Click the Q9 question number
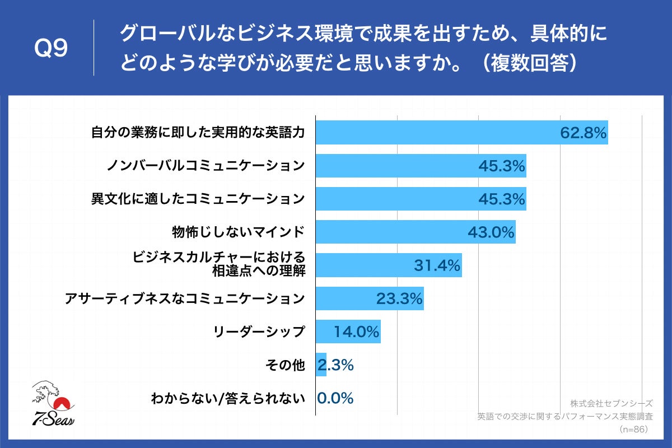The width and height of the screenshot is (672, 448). point(51,49)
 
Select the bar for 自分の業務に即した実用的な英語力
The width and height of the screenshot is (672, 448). point(437,133)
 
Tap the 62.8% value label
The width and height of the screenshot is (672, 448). point(583,133)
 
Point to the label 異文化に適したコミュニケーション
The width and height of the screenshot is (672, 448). point(198,199)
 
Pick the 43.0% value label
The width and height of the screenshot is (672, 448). point(491,232)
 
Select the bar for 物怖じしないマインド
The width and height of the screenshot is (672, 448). point(392,232)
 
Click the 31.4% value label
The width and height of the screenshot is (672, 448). point(437,265)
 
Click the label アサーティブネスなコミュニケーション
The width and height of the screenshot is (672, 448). point(185,298)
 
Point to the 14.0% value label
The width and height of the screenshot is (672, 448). point(357,332)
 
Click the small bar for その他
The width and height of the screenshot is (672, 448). point(321,365)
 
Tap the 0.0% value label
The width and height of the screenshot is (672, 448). point(335,398)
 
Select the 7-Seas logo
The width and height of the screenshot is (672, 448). point(53,404)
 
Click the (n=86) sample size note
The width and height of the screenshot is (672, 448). point(633,430)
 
